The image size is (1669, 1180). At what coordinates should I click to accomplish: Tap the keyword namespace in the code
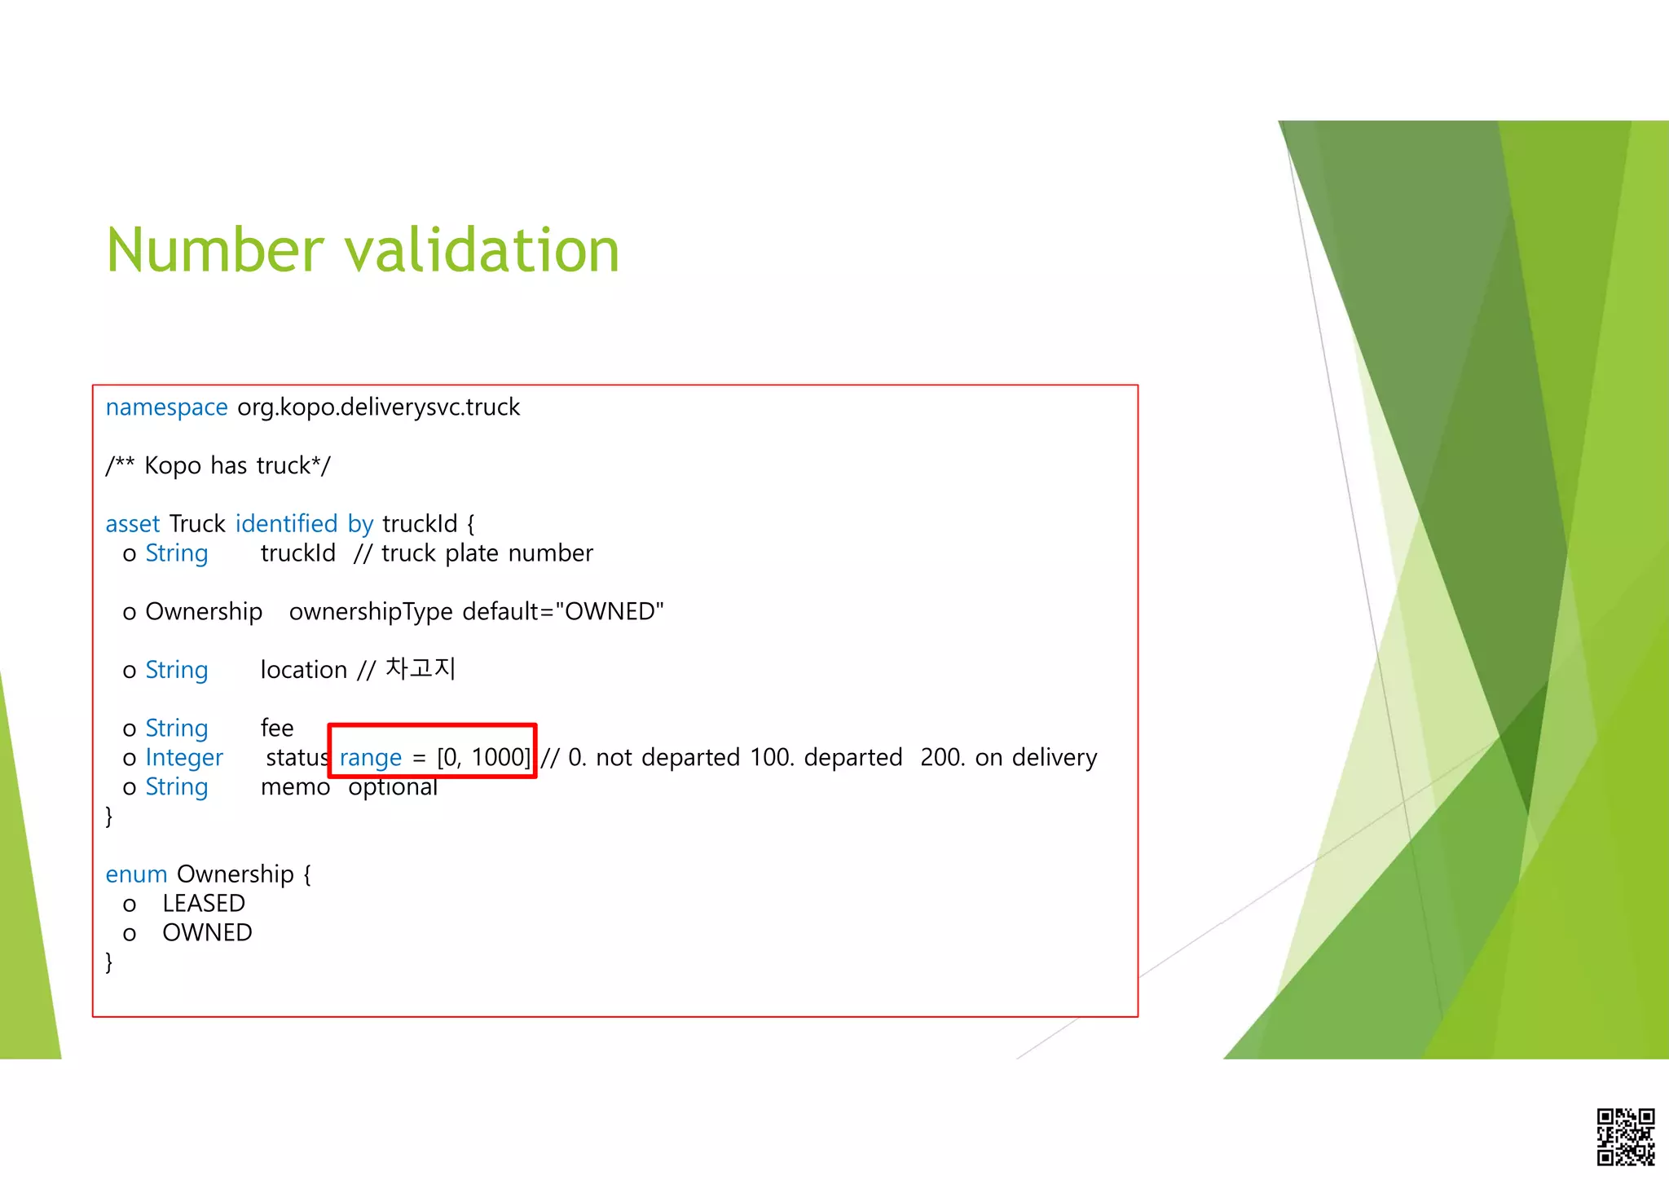(x=166, y=407)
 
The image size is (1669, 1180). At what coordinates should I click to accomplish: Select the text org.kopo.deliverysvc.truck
(x=378, y=407)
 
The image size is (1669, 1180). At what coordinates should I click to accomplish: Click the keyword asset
(x=133, y=523)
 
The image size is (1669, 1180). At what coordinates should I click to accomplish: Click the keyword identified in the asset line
(x=286, y=523)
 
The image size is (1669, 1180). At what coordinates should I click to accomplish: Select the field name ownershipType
(x=371, y=611)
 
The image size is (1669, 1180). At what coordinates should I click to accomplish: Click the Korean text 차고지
(x=420, y=669)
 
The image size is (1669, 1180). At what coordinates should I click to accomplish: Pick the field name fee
(x=277, y=728)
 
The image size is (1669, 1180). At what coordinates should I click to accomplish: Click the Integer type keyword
(x=184, y=757)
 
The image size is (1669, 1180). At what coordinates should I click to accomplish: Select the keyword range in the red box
(x=371, y=757)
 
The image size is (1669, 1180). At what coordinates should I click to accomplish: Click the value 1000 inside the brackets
(x=499, y=757)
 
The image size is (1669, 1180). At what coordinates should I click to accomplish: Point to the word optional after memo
(x=393, y=786)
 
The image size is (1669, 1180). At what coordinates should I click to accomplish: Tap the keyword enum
(x=136, y=874)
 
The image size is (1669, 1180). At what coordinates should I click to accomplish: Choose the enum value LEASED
(x=204, y=903)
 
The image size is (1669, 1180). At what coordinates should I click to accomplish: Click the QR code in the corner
(x=1625, y=1136)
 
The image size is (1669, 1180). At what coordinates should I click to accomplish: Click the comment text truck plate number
(x=487, y=553)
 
